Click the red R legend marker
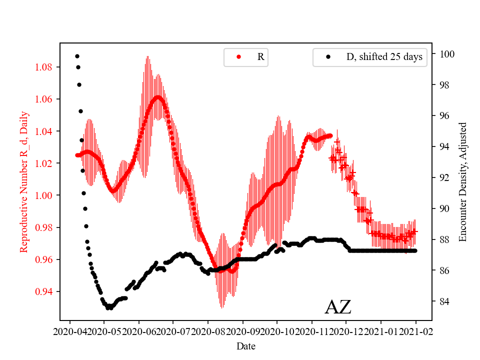click(x=238, y=57)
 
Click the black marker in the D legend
click(x=328, y=57)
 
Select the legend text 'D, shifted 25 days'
click(x=384, y=57)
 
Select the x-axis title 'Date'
click(x=246, y=346)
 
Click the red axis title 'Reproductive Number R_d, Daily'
click(x=23, y=181)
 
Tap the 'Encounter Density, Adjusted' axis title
click(x=462, y=181)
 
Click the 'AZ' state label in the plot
click(x=338, y=307)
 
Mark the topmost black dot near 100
click(x=77, y=56)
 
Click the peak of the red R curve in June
click(x=158, y=97)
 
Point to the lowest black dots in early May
click(x=109, y=307)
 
